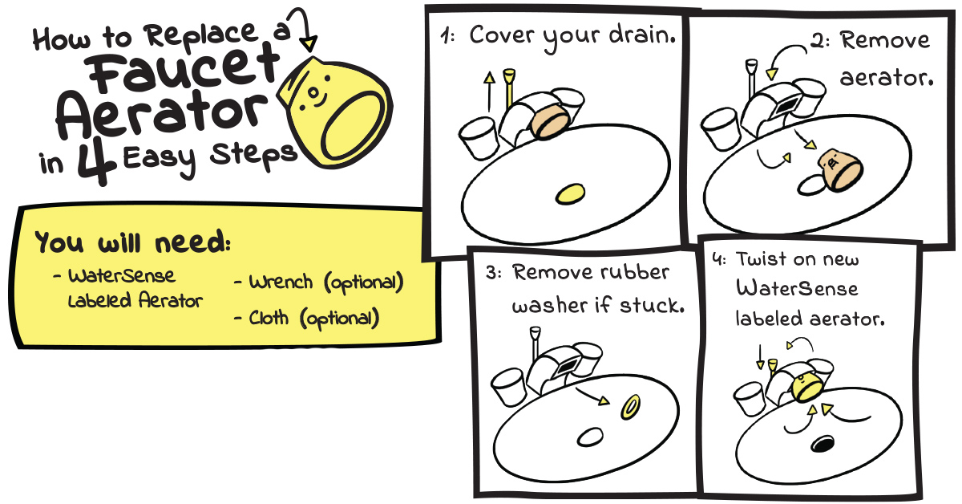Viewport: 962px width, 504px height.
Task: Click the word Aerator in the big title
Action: click(x=162, y=114)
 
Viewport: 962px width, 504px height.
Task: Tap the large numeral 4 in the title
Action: click(x=97, y=161)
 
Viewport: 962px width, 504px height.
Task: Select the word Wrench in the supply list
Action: click(x=281, y=282)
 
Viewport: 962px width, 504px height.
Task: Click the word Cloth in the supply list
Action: click(x=269, y=318)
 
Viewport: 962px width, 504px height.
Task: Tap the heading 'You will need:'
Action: click(x=133, y=242)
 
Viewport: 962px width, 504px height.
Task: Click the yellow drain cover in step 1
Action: click(x=570, y=193)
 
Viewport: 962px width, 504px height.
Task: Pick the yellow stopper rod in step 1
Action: click(x=509, y=87)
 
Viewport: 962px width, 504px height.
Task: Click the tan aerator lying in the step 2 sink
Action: click(x=840, y=169)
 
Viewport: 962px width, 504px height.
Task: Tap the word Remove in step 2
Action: click(x=885, y=40)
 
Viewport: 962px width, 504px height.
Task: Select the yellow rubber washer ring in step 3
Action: click(x=630, y=407)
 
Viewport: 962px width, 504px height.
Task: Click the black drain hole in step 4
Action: click(x=823, y=444)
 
